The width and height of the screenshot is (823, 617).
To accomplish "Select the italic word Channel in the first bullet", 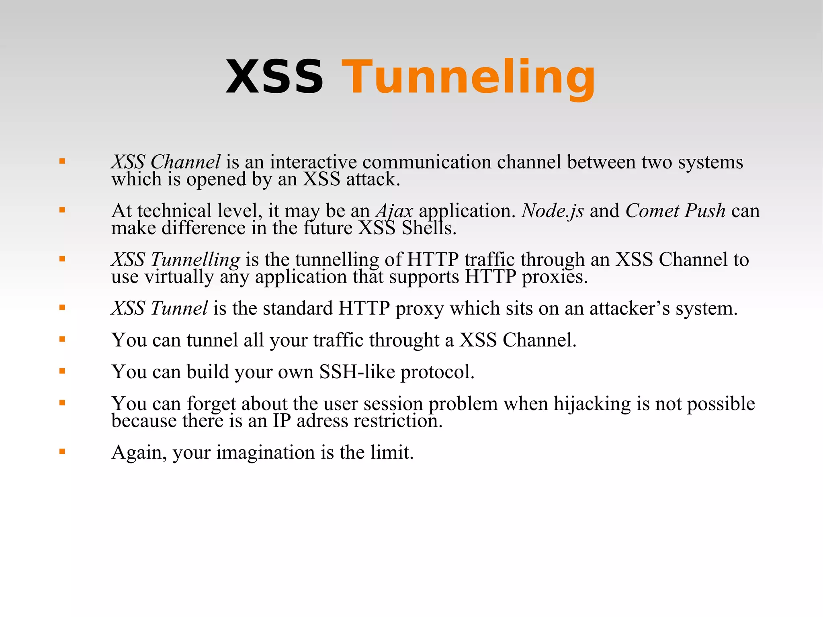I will (x=185, y=162).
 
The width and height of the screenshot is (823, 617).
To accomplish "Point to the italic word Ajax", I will (x=394, y=211).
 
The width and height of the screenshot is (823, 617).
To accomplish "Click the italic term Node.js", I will (x=553, y=211).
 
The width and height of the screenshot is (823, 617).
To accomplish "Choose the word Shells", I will (x=429, y=228).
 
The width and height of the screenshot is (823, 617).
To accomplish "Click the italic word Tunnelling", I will (x=195, y=259).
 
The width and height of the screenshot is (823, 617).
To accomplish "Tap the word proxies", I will (x=555, y=277).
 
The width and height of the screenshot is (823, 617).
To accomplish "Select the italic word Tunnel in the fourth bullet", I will (x=179, y=308).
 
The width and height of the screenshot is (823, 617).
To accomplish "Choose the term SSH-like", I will (x=357, y=372).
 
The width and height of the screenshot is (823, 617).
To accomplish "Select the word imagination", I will (x=266, y=452).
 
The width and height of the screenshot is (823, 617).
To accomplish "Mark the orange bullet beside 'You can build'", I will (x=62, y=371).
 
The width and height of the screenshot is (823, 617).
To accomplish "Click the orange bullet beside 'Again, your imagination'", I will (x=62, y=451).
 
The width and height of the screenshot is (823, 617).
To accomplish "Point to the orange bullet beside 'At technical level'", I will (x=62, y=210).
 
